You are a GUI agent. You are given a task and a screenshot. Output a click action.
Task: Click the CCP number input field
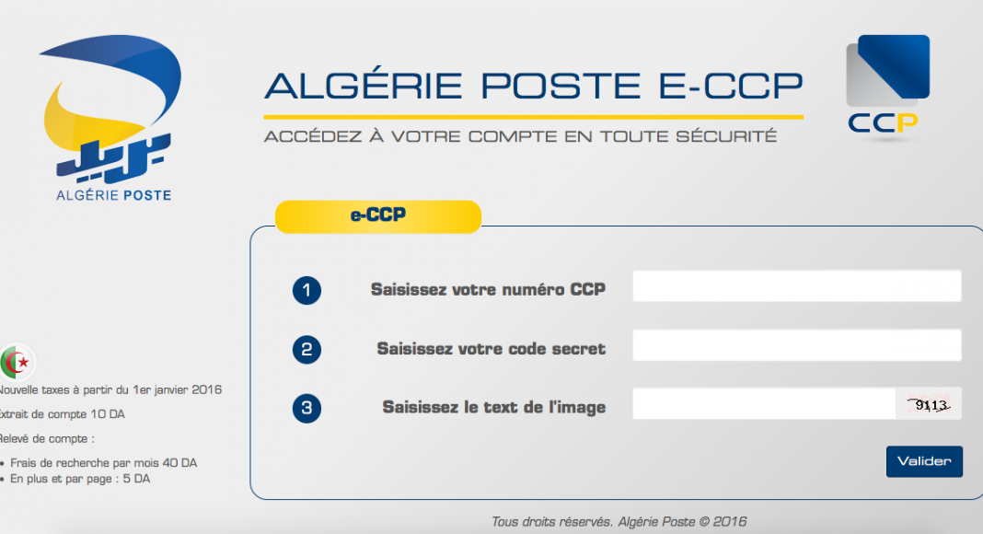point(797,285)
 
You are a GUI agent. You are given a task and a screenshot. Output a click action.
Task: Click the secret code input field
point(797,344)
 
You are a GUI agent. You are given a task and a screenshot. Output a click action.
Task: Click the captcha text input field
point(764,403)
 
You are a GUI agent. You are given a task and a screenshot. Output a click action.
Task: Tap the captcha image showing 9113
point(929,404)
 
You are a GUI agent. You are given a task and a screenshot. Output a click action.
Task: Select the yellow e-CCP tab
point(378,216)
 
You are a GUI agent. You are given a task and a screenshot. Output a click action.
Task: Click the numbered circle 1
point(306,290)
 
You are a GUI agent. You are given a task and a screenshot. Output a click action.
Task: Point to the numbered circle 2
point(306,349)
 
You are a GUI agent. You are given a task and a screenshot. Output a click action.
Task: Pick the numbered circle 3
point(306,408)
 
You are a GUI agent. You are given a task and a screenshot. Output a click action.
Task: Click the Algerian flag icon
point(17,362)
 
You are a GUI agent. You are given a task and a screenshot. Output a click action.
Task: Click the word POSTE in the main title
point(561,86)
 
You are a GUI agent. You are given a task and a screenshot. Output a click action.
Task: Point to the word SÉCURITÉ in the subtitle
point(726,136)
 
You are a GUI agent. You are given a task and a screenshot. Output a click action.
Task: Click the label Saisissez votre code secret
point(491,348)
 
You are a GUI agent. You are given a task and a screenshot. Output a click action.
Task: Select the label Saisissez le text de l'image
point(494,407)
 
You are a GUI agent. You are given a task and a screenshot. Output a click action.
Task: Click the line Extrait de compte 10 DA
point(62,414)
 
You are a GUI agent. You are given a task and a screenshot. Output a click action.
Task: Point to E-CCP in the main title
point(731,86)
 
